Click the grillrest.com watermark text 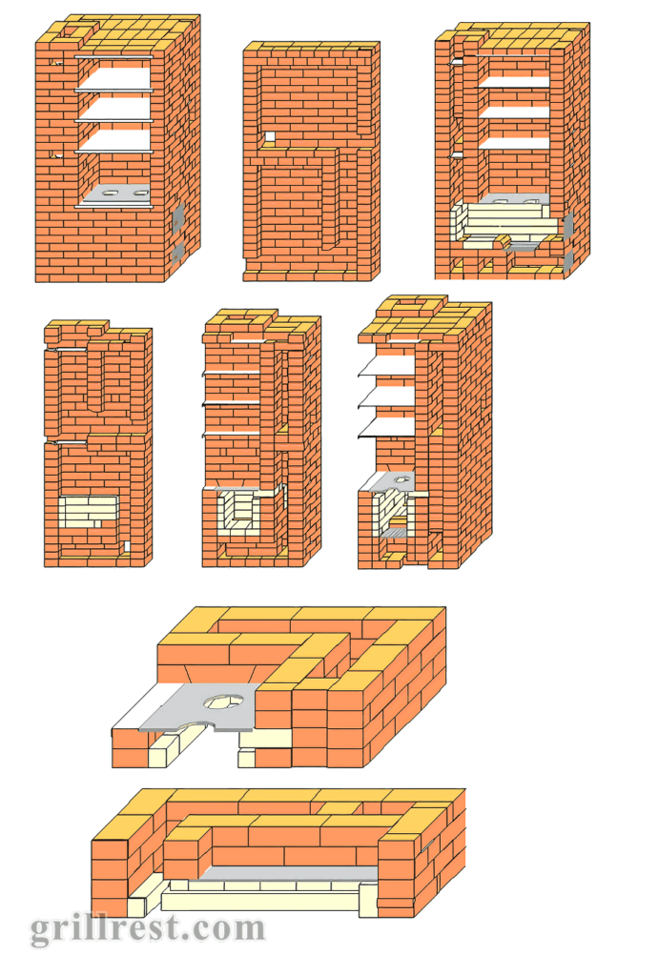tap(148, 930)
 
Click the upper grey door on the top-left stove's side tap(177, 214)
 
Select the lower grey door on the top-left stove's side tap(177, 253)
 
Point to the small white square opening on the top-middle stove tap(270, 137)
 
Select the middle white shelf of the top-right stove tap(514, 111)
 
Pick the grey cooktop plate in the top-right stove tap(516, 199)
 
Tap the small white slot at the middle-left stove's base tap(127, 546)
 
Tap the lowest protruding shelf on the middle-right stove tap(386, 428)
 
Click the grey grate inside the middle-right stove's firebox tap(394, 532)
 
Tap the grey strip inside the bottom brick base tap(288, 873)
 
